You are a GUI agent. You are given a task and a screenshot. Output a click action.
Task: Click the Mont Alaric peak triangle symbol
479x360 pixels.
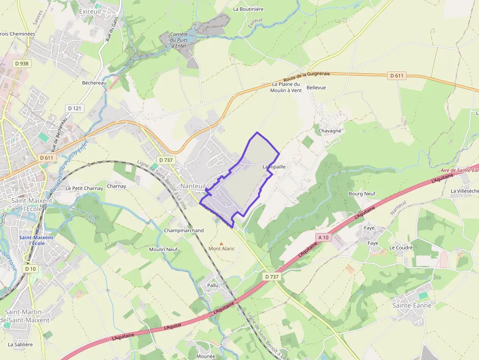(x=221, y=243)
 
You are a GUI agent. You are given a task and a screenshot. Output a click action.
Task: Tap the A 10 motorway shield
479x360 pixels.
(x=324, y=237)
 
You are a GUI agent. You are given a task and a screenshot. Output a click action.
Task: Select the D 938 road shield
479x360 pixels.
(x=22, y=63)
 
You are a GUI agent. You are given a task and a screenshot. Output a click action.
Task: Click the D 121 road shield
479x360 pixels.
(x=74, y=108)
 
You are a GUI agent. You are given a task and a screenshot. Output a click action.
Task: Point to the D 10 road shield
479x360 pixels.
(x=30, y=269)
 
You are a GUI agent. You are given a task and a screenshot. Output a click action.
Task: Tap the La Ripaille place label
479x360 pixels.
(x=274, y=167)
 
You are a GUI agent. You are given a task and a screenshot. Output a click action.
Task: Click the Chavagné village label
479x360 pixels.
(x=330, y=131)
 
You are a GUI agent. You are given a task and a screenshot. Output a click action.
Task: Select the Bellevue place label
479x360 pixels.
(x=316, y=87)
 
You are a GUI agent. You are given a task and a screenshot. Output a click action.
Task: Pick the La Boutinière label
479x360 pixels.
(x=248, y=9)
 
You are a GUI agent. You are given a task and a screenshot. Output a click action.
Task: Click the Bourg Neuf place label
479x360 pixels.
(x=362, y=193)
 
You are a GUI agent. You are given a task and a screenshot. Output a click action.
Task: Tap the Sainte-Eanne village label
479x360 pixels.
(x=412, y=305)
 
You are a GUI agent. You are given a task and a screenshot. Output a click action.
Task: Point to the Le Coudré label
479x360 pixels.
(x=401, y=248)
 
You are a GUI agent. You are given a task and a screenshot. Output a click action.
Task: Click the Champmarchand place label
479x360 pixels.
(x=184, y=231)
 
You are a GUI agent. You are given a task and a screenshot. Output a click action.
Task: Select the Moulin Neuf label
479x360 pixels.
(x=163, y=249)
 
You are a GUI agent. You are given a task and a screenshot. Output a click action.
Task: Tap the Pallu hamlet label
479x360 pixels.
(x=213, y=285)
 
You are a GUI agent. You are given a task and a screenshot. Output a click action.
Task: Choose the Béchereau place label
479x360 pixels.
(x=94, y=83)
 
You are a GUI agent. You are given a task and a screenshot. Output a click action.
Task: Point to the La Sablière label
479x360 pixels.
(x=21, y=344)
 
